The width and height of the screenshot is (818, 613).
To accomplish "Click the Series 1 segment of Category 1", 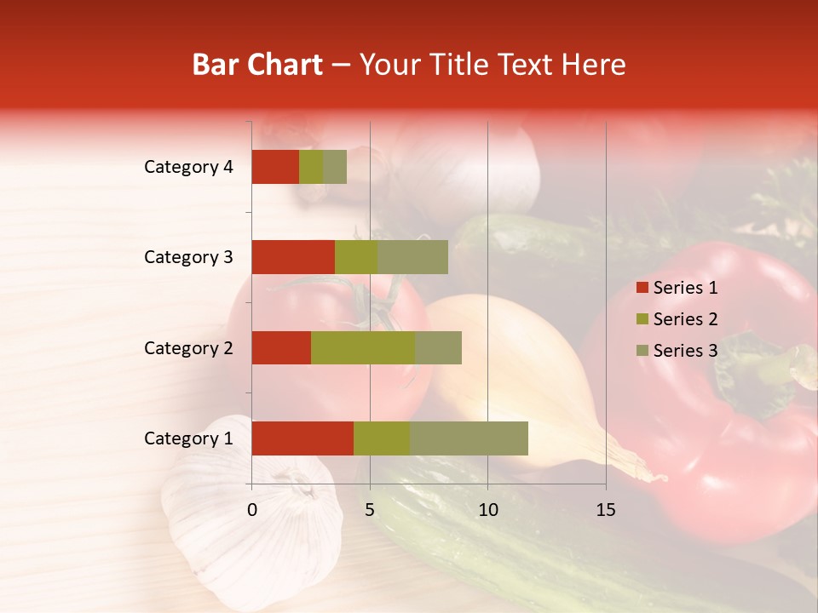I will point(302,438).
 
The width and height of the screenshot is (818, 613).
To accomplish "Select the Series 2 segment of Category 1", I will point(382,438).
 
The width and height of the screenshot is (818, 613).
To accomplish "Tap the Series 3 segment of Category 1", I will point(469,438).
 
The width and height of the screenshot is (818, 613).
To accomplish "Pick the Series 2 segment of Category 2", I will point(363,347).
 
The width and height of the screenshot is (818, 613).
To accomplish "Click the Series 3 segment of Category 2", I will point(438,347).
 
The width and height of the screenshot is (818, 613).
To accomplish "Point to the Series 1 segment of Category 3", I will point(293,257).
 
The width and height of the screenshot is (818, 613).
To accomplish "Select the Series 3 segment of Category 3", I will point(412,257).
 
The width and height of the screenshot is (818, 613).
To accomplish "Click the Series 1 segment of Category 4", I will point(275,167).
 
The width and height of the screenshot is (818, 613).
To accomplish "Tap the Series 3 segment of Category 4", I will point(335,167).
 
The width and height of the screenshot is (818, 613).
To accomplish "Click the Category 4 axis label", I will point(188,167).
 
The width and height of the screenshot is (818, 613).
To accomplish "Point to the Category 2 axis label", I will point(188,348).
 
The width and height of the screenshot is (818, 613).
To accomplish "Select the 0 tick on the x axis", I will point(252,510).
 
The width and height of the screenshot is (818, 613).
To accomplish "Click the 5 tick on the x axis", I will point(370,510).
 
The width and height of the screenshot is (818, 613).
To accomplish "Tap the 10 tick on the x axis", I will point(487,510).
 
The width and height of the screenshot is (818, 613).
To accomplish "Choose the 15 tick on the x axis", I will point(606,510).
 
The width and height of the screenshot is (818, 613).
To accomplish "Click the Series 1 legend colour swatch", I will point(642,288).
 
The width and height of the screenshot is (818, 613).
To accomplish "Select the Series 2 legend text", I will point(685,319).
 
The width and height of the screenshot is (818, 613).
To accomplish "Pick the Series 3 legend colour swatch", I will point(642,351).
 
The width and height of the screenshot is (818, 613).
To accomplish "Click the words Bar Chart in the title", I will point(257,65).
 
